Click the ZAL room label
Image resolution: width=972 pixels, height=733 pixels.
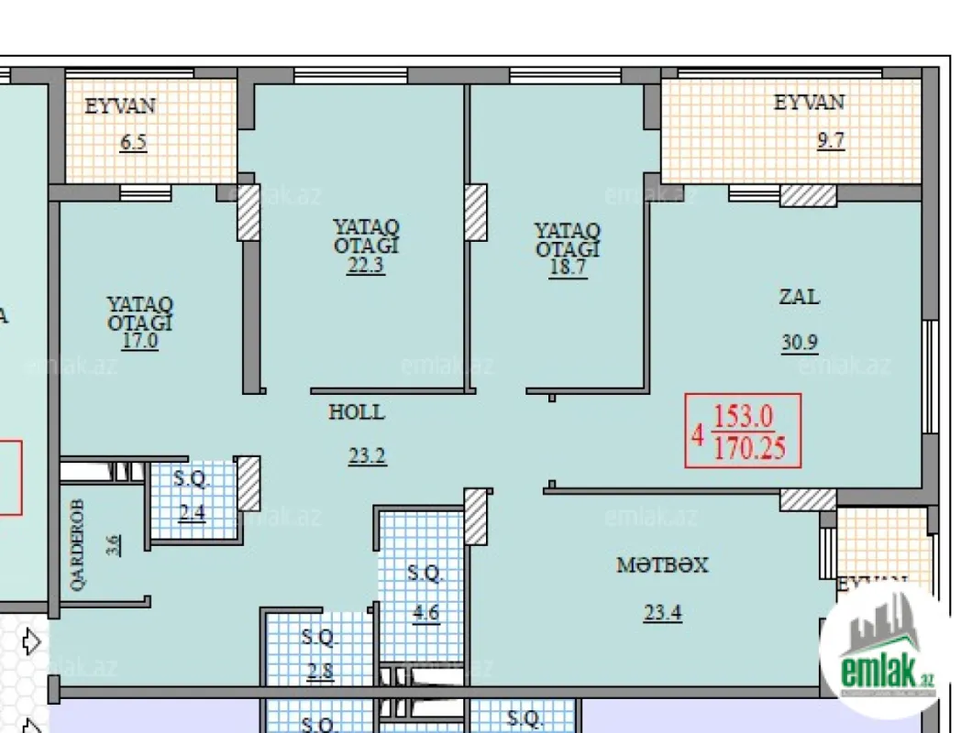click(x=799, y=297)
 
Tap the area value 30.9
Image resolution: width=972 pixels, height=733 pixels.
click(x=800, y=342)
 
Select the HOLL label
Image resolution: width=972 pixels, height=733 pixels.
click(x=357, y=412)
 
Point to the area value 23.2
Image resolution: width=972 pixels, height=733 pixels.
click(x=367, y=455)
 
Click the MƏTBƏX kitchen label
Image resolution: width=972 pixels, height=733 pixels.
click(x=662, y=565)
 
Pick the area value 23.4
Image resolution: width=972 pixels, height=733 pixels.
click(x=662, y=613)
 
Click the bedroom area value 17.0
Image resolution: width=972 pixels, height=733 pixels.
click(x=139, y=341)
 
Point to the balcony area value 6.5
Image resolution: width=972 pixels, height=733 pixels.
click(x=133, y=143)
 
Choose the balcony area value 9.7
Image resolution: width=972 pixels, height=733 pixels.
click(x=831, y=141)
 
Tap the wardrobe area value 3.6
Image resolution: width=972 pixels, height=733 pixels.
click(x=112, y=546)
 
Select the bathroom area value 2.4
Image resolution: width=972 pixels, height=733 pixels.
click(x=192, y=512)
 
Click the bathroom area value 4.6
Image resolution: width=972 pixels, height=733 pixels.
click(x=425, y=612)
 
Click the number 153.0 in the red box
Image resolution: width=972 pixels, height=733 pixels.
click(x=744, y=418)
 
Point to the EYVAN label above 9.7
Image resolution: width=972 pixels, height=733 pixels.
click(x=809, y=103)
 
